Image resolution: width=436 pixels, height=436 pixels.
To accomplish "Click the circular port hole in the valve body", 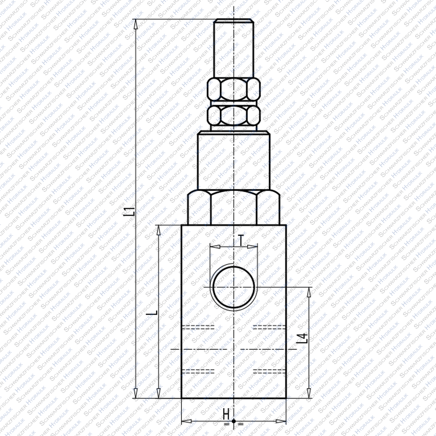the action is coord(234,287).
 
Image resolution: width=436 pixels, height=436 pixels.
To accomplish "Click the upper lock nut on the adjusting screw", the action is coord(234,89).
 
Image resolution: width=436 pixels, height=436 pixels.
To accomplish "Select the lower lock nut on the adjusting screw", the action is coord(234,115).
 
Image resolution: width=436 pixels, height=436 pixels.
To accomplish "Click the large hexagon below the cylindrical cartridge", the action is coord(234,207).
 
